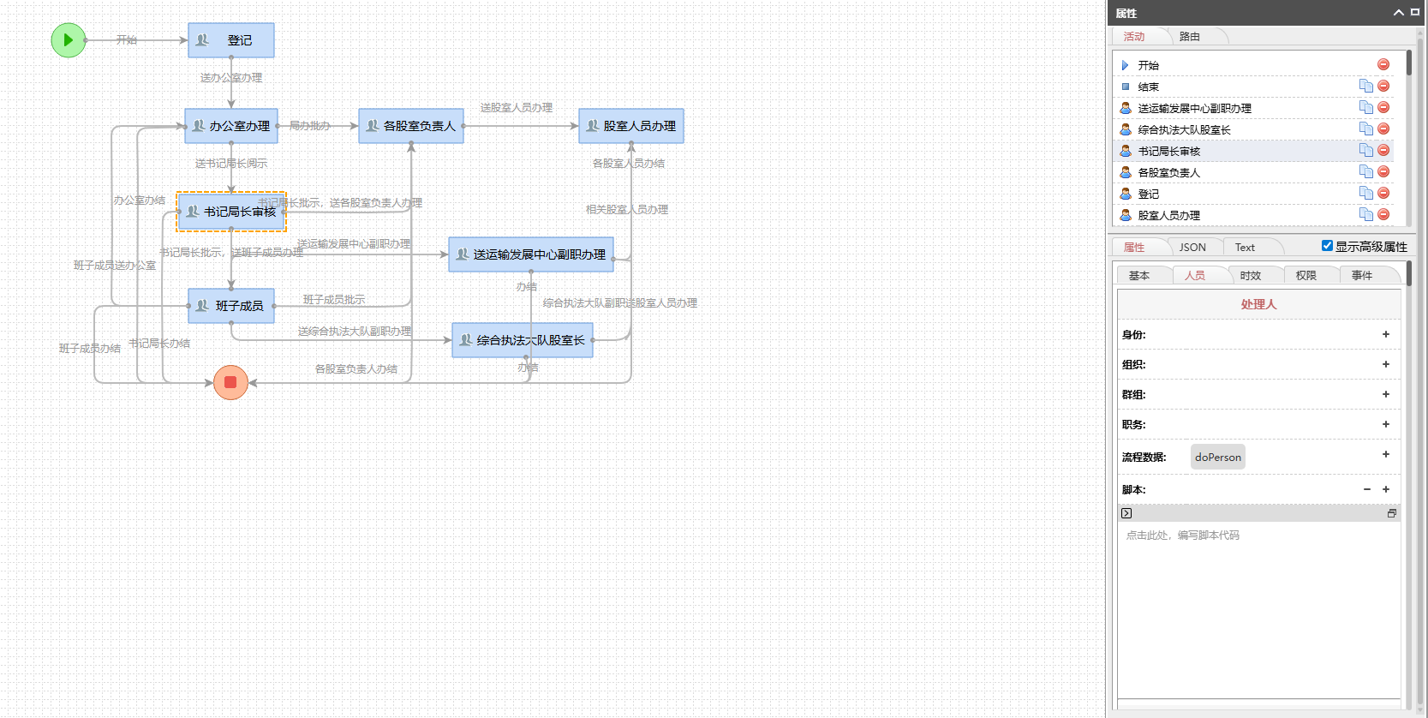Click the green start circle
click(69, 40)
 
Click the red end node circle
click(230, 382)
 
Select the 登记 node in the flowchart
click(231, 40)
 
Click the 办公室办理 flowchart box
click(231, 126)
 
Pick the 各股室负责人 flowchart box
click(411, 126)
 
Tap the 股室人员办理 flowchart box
click(631, 126)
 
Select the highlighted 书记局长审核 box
click(231, 212)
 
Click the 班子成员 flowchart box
click(231, 306)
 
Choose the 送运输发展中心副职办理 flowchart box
click(531, 254)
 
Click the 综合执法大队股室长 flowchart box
click(523, 340)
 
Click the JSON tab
click(1192, 248)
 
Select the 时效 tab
click(1251, 276)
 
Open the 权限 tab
click(1306, 276)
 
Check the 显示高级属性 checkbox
click(1327, 246)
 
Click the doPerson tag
click(1217, 458)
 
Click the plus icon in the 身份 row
click(1386, 335)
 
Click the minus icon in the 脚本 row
click(1367, 490)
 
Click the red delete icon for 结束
click(1383, 87)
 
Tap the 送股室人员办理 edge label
click(517, 108)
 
